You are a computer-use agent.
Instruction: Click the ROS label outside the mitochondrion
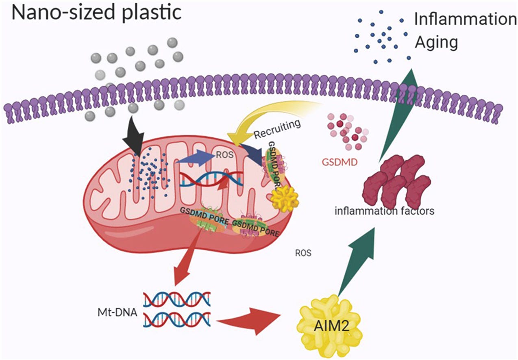pyautogui.click(x=303, y=253)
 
